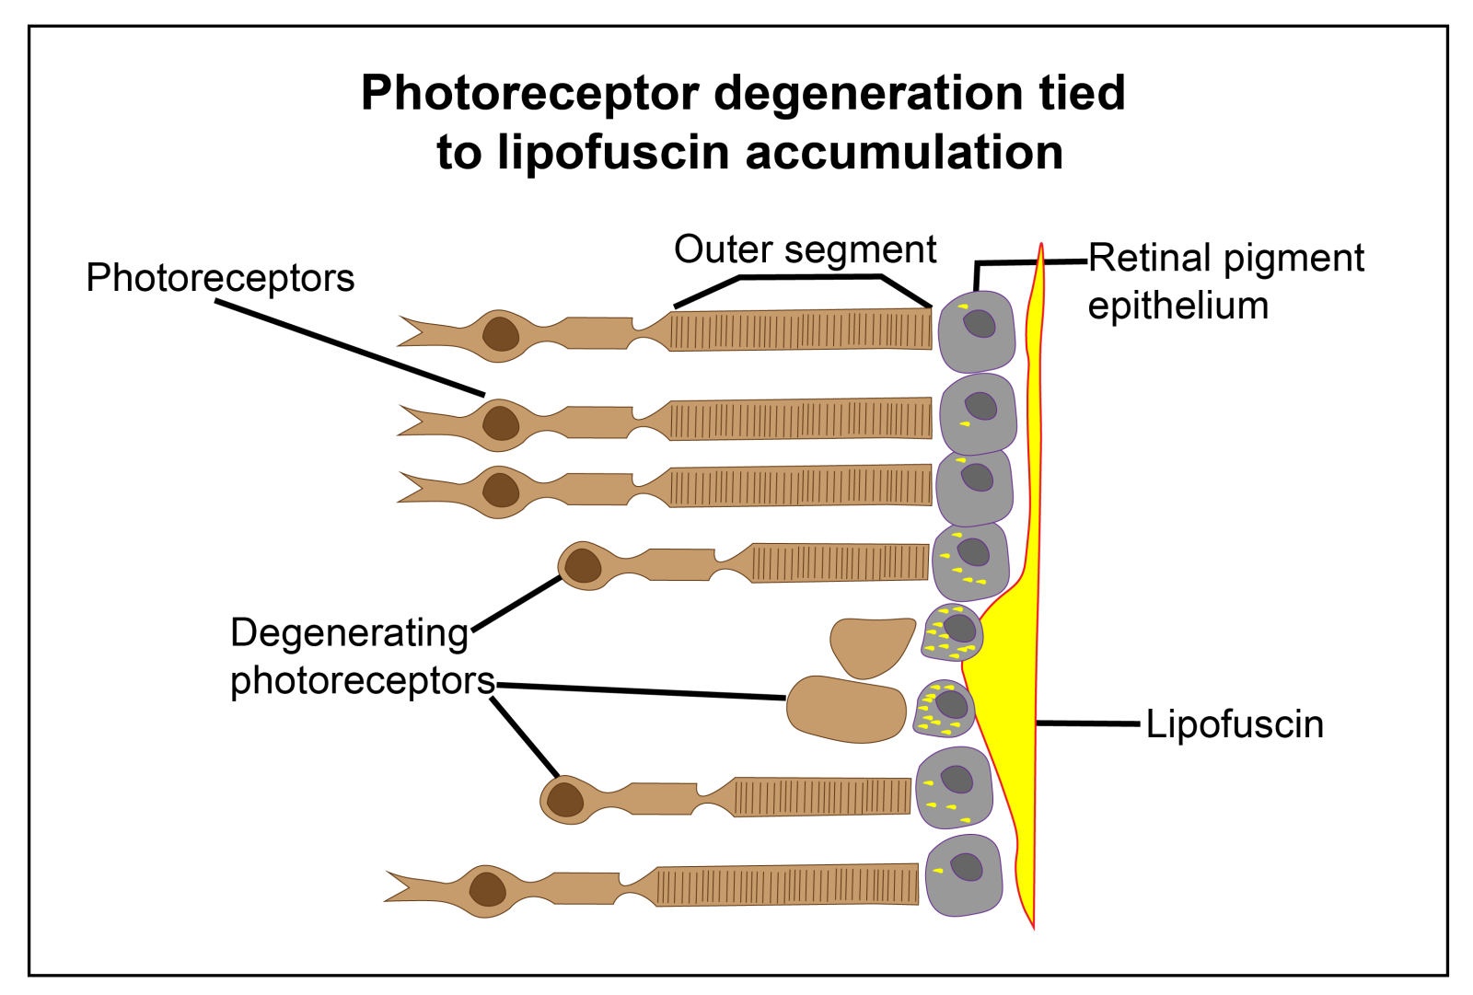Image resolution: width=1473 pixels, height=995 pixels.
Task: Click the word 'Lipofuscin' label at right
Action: click(x=1234, y=724)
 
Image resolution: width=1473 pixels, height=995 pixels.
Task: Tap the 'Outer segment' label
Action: click(x=805, y=249)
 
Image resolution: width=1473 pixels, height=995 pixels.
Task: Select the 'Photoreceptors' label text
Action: click(x=220, y=278)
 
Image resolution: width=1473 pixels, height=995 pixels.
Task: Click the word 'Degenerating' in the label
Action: click(x=350, y=633)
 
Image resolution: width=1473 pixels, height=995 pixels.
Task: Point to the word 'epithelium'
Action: click(x=1177, y=306)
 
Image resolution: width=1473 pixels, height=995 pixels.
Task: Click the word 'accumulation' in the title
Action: click(x=904, y=152)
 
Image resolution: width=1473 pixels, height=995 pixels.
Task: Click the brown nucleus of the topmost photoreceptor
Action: click(x=501, y=333)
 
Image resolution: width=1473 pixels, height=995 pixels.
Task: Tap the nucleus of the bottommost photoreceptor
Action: click(x=487, y=890)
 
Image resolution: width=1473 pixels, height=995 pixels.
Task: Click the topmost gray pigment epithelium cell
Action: click(x=977, y=331)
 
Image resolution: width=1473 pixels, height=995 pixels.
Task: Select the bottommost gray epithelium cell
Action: click(x=963, y=875)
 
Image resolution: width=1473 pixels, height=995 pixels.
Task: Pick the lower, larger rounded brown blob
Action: click(x=845, y=709)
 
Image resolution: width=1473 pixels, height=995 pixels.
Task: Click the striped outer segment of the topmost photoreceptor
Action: click(x=801, y=330)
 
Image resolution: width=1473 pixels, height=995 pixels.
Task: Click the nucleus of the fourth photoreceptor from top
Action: click(x=583, y=565)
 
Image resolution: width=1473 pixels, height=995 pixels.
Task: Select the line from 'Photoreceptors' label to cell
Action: click(x=350, y=348)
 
